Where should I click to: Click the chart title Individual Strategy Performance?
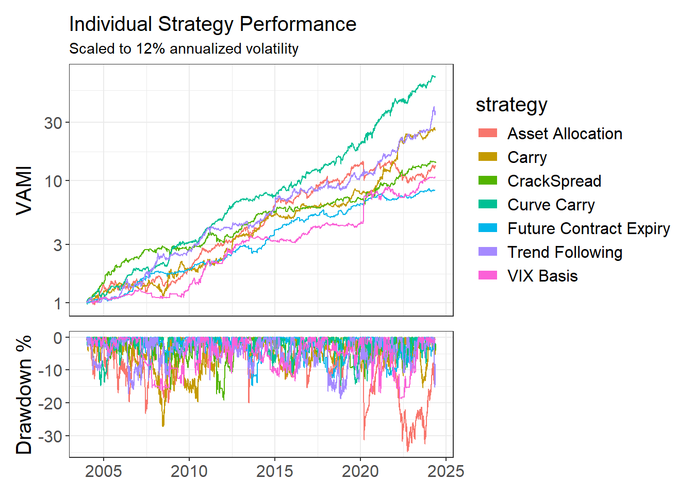(212, 24)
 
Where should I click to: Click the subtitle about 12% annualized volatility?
(184, 48)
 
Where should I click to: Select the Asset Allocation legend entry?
(564, 134)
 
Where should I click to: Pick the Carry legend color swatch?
(488, 157)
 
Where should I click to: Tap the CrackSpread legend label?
(554, 181)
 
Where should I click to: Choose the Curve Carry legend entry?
(551, 205)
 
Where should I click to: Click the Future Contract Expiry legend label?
(588, 228)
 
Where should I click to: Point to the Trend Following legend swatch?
(488, 252)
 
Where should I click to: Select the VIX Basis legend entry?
(542, 276)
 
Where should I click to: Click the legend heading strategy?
(511, 105)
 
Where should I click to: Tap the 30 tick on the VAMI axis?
(53, 123)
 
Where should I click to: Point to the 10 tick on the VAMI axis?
(53, 181)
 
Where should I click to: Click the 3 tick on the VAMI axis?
(57, 245)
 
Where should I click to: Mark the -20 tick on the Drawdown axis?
(51, 403)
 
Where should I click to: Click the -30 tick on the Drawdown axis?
(51, 436)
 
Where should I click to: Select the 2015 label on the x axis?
(275, 471)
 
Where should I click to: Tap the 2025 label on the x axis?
(446, 471)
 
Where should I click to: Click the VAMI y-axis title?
(24, 190)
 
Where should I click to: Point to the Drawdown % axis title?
(24, 394)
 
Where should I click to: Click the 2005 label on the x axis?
(104, 471)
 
